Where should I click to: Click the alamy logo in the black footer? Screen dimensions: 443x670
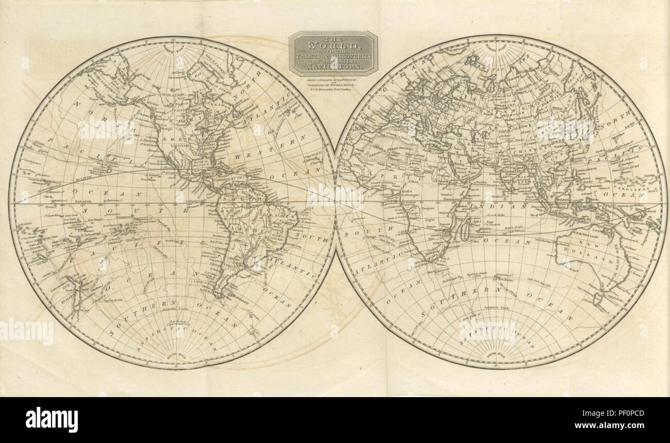pos(52,419)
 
